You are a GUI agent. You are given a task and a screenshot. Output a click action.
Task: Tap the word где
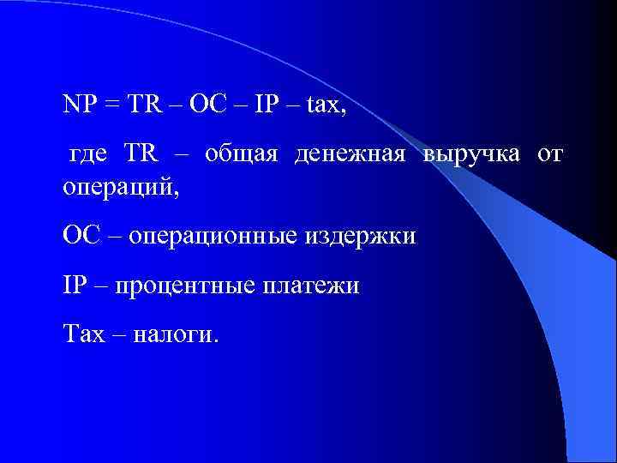click(x=87, y=157)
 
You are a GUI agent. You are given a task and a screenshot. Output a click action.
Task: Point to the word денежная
click(x=349, y=156)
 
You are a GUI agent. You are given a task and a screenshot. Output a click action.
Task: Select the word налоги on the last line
click(x=176, y=334)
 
